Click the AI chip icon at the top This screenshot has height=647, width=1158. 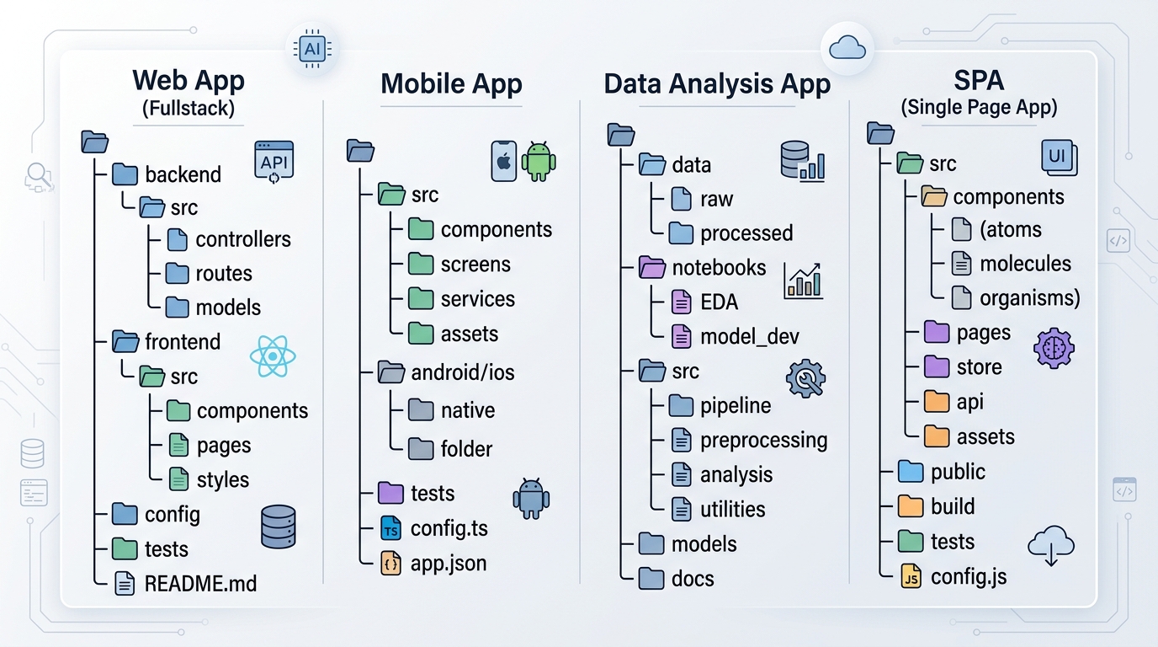coord(313,49)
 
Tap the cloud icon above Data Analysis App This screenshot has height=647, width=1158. coord(847,48)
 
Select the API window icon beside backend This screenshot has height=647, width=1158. coord(274,162)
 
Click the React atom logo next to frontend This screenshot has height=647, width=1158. coord(273,356)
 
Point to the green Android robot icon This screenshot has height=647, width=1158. coord(539,161)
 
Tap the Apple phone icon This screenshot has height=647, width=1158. coord(503,161)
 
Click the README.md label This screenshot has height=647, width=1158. coord(200,584)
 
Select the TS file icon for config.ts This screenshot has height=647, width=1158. coord(390,528)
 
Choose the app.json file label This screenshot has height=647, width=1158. coord(449,563)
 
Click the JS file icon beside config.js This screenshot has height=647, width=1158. coord(911,576)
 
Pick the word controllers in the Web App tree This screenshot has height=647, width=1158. coord(243,239)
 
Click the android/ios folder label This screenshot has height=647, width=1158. coord(463,372)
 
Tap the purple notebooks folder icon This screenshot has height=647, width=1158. coord(651,267)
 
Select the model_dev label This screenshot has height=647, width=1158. coord(750,336)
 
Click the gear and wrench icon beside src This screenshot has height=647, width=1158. coord(805,378)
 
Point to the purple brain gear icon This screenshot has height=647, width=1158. coord(1054,348)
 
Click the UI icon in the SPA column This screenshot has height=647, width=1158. coord(1060,158)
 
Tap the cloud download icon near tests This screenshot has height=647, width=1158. coord(1051,546)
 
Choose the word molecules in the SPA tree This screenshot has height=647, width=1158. coord(1025,264)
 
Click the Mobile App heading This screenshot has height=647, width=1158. coord(451,84)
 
